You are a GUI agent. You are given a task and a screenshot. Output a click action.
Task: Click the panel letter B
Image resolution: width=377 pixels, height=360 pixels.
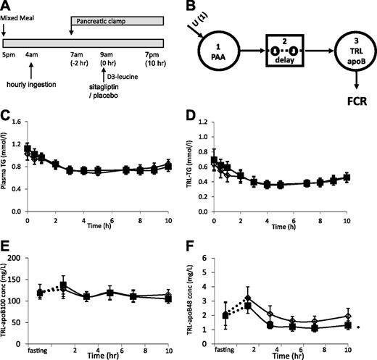[x=197, y=7]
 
